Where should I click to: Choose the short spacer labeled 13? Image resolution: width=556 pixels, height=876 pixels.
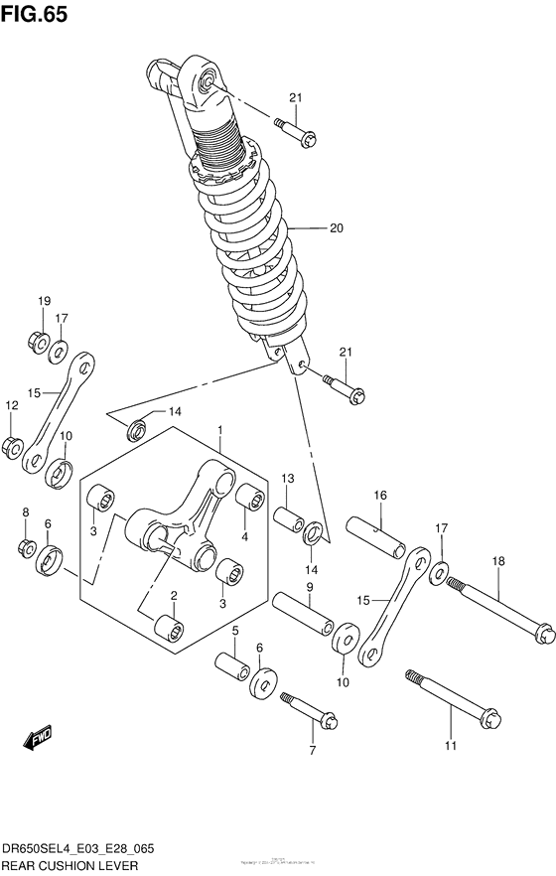coord(289,520)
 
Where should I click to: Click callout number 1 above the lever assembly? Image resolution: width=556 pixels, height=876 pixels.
coord(219,431)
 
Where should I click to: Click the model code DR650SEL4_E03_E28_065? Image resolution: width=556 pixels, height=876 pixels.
coord(77,850)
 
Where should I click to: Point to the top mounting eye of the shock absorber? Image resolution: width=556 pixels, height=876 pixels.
coord(208,78)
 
